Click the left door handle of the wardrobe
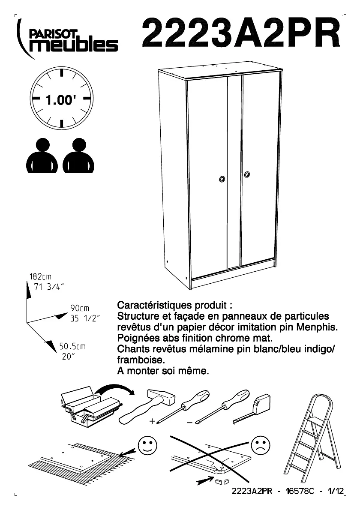pos(222,179)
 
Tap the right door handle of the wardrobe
pos(247,174)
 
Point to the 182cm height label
pos(40,277)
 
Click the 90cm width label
pos(80,309)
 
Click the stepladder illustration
pos(313,437)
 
